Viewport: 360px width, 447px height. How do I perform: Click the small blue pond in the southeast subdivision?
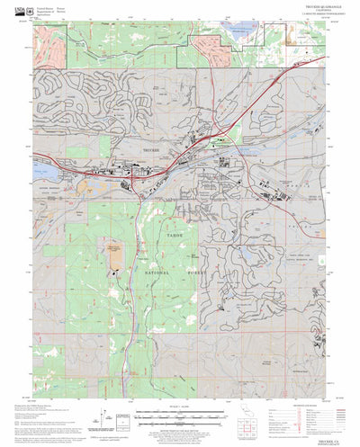point(243,263)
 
